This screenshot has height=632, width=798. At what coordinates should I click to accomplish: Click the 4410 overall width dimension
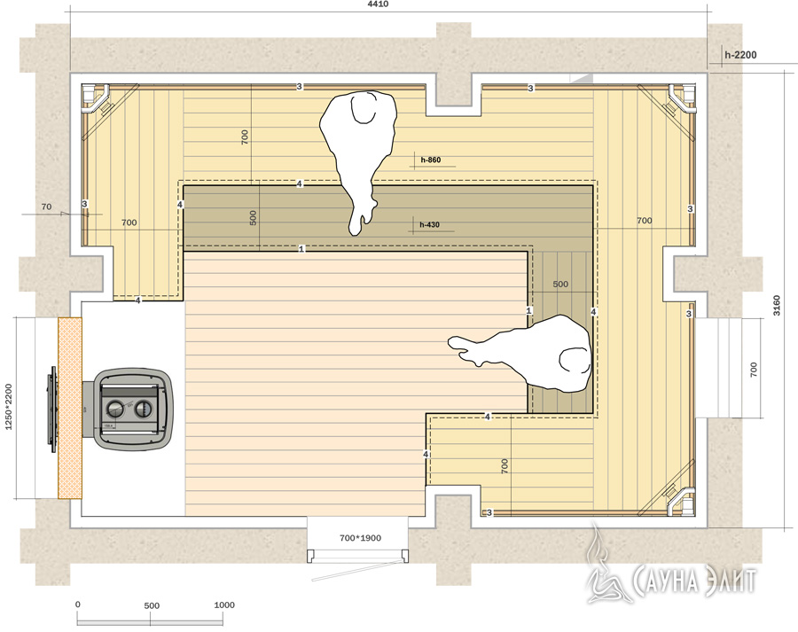[x=378, y=4]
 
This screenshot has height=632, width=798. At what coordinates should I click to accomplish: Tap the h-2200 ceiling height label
[x=740, y=55]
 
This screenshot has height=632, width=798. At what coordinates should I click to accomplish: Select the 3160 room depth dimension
[x=777, y=305]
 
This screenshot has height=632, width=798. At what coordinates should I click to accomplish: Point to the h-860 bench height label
[x=431, y=160]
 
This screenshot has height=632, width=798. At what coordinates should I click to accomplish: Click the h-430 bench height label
[x=429, y=224]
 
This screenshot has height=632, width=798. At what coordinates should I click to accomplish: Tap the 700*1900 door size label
[x=360, y=537]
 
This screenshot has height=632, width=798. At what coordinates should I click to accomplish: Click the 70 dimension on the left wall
[x=46, y=207]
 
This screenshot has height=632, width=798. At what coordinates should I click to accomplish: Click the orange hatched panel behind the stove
[x=70, y=408]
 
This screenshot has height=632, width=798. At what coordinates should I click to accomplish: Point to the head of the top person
[x=365, y=108]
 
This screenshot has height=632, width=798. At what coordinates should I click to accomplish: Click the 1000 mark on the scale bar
[x=224, y=605]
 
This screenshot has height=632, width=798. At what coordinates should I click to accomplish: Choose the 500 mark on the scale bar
[x=152, y=605]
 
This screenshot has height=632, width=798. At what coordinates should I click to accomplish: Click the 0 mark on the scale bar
[x=77, y=605]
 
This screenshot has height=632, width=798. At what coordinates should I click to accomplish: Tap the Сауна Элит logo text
[x=694, y=580]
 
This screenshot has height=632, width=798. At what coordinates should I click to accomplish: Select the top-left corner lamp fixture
[x=97, y=98]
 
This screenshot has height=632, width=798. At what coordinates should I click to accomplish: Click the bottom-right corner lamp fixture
[x=680, y=501]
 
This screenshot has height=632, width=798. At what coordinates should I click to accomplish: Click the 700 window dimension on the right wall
[x=754, y=370]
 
